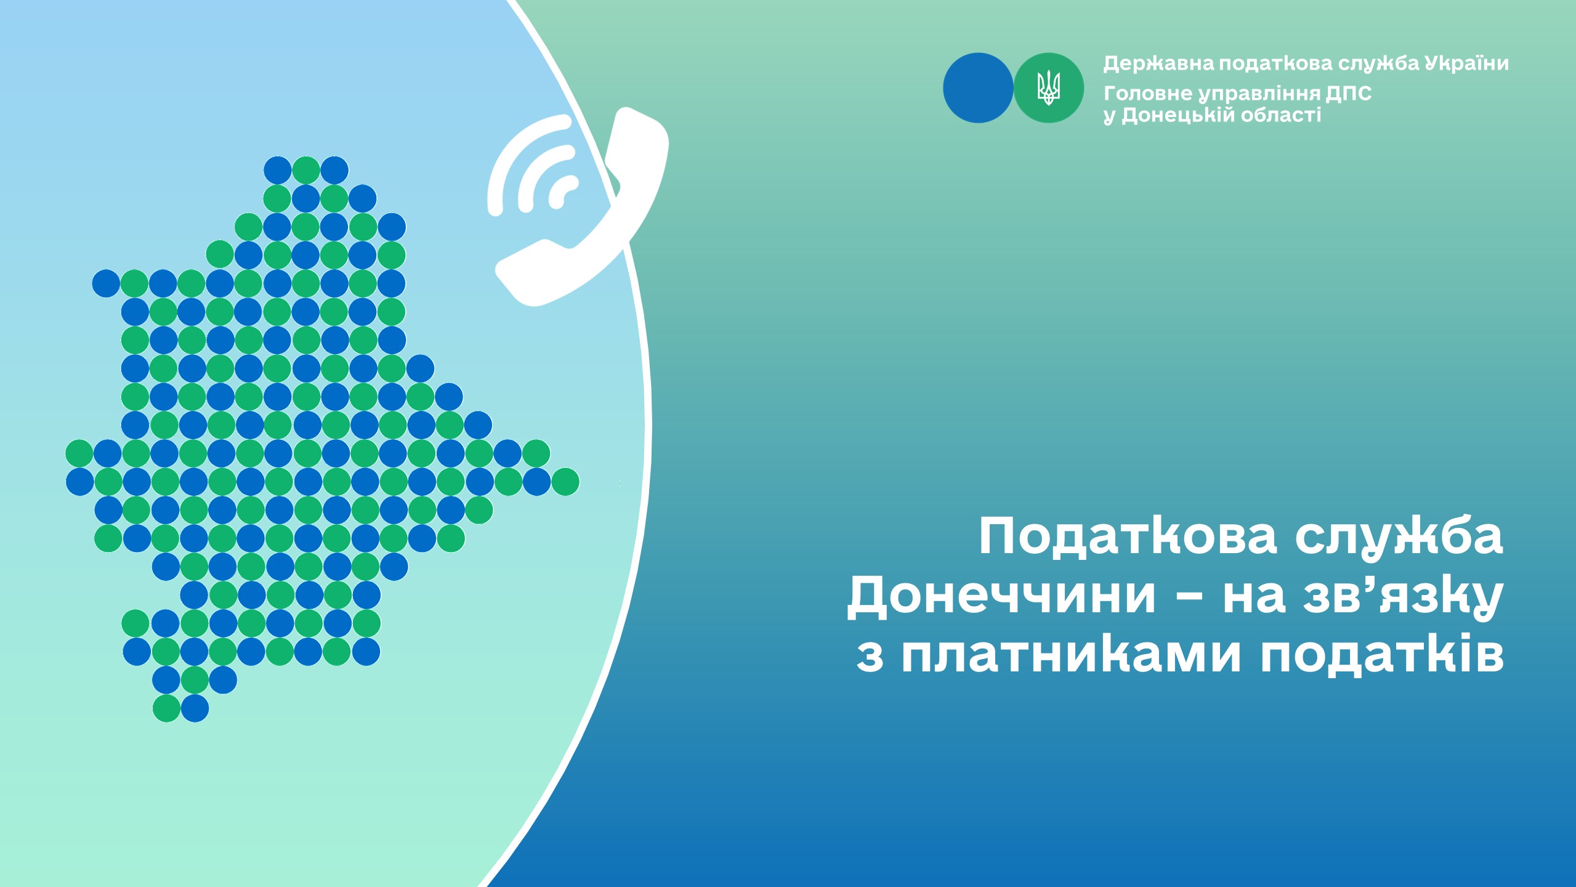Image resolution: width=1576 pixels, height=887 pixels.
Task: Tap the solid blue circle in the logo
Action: coord(978,88)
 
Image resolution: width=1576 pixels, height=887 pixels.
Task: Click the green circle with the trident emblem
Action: coord(1049,88)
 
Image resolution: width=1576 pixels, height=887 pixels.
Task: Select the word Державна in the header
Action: coord(1158,63)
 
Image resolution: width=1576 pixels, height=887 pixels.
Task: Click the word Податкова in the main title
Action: coord(1127,537)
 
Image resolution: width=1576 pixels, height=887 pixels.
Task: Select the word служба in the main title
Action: coord(1399,536)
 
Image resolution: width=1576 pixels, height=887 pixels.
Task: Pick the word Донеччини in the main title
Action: coord(1001,596)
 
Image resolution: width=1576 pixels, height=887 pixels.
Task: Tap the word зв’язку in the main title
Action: coord(1404,596)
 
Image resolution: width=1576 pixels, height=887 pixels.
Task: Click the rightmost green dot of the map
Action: coord(565,482)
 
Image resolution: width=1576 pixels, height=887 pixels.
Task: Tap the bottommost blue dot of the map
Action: coord(195,708)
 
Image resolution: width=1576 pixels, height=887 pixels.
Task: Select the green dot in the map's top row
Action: coord(306,170)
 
